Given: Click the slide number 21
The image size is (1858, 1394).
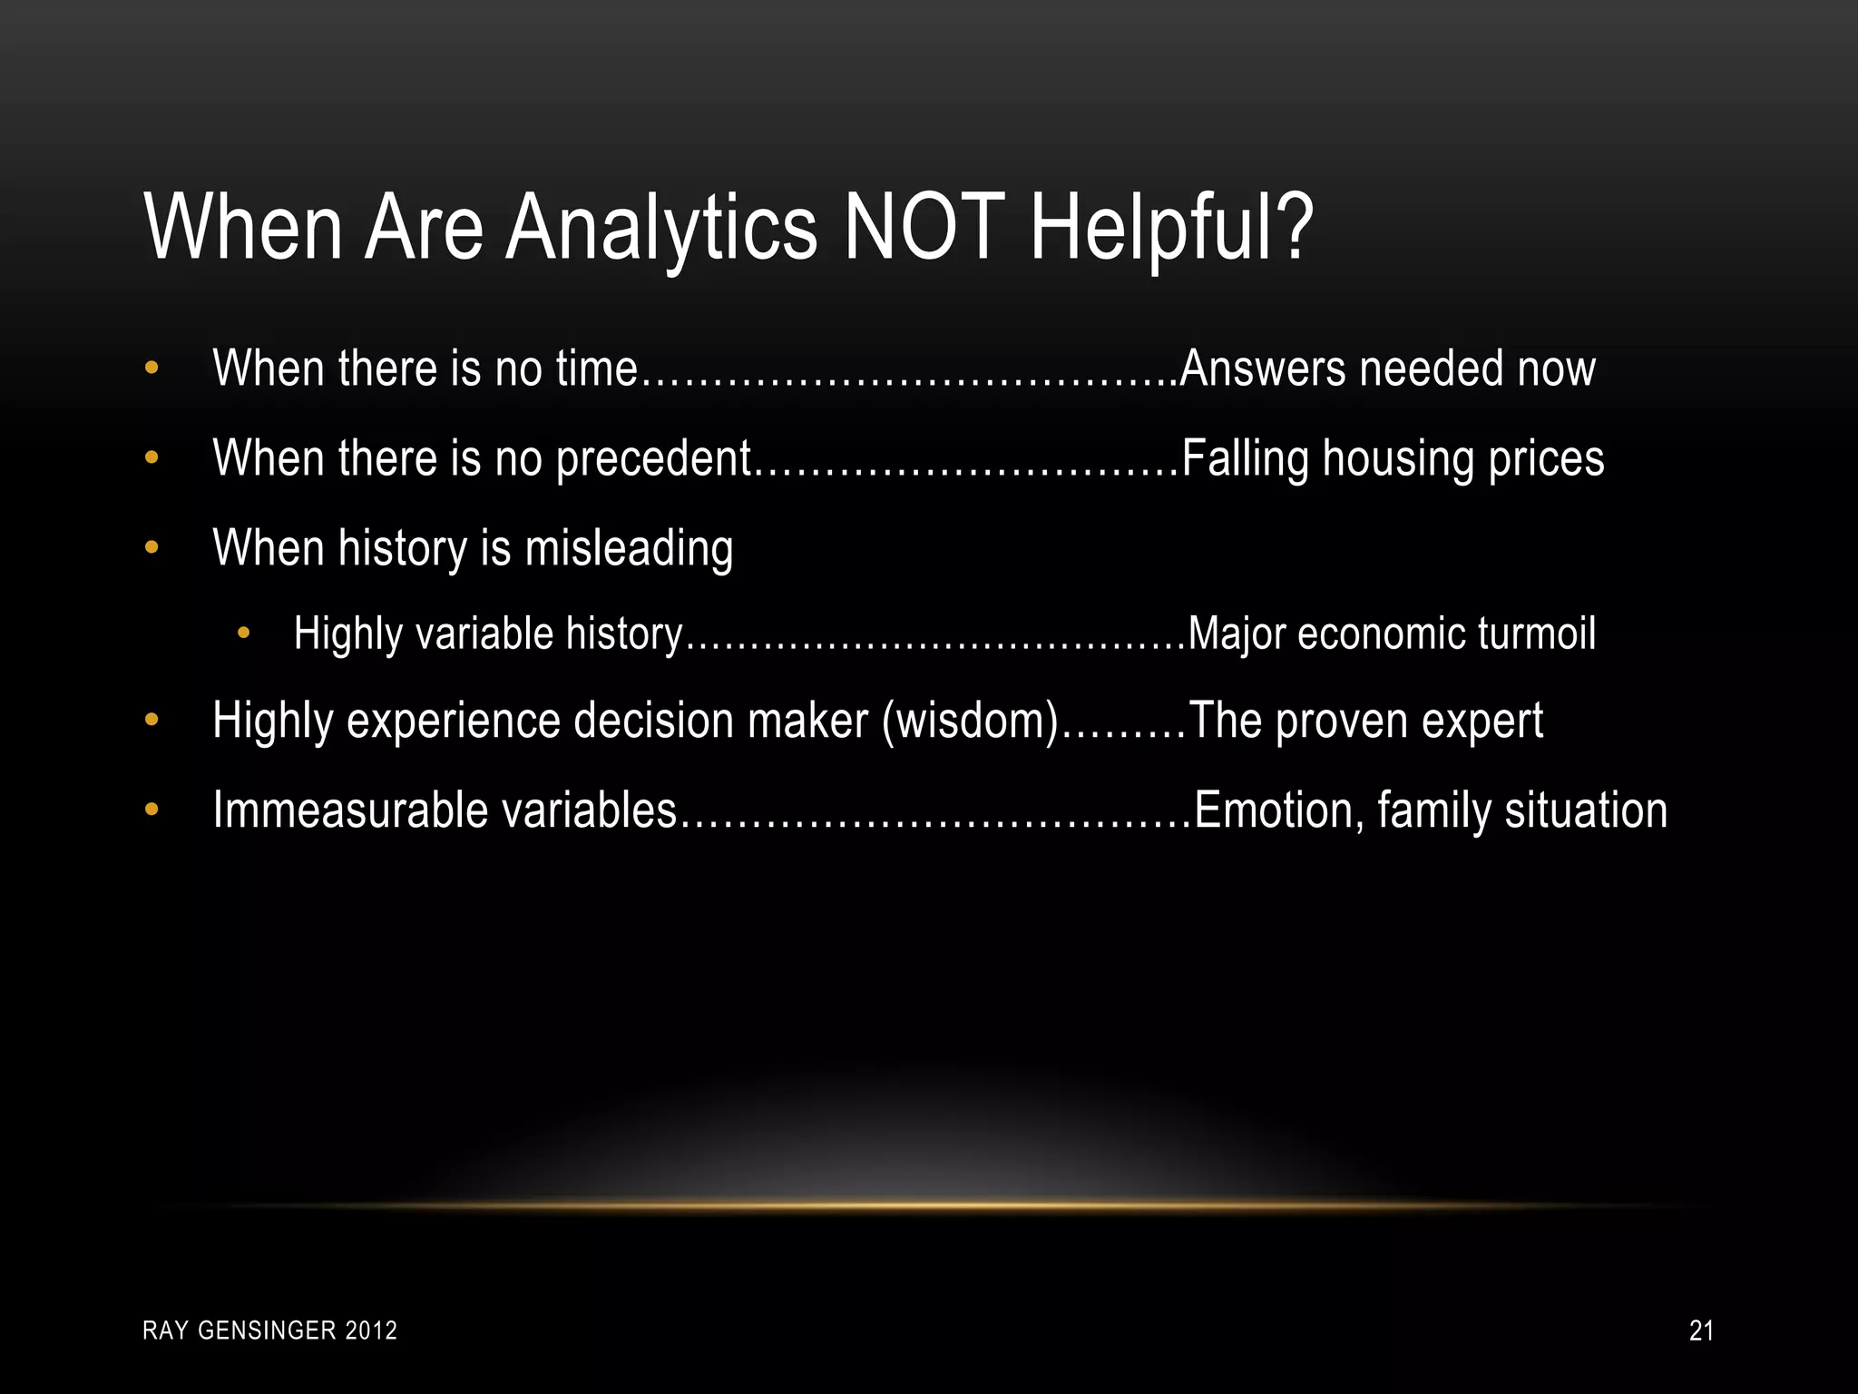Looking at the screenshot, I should point(1701,1330).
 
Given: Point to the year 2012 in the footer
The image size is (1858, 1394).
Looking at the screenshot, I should point(372,1330).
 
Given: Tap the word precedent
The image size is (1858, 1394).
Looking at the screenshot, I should point(654,458).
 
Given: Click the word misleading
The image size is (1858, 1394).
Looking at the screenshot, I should point(629,548).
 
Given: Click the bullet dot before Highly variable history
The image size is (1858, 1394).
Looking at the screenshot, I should point(242,633).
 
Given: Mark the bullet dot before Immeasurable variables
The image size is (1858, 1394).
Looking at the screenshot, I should point(152,809).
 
